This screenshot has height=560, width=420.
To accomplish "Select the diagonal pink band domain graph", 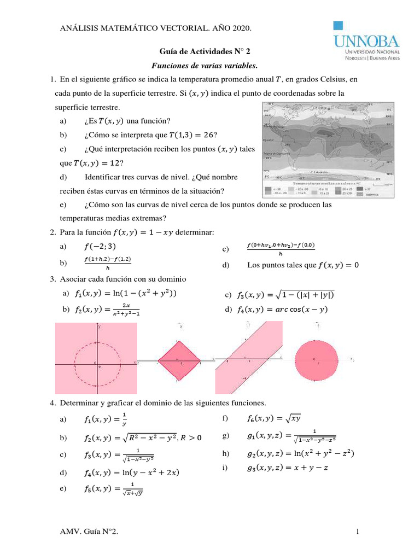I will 250,358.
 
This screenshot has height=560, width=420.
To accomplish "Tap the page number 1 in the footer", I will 357,532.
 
